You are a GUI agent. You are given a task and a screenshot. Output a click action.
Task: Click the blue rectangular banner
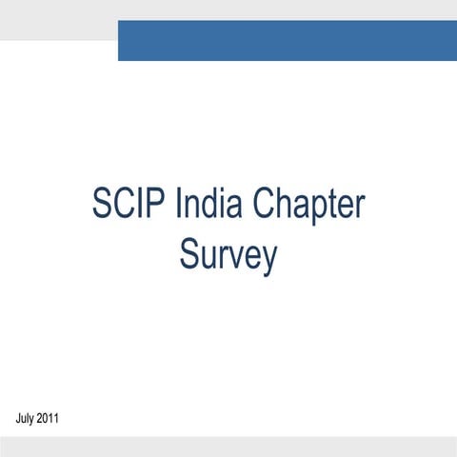[287, 40]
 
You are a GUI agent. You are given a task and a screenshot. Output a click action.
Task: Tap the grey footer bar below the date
[228, 447]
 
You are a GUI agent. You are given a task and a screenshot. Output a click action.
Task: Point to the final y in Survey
[270, 260]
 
